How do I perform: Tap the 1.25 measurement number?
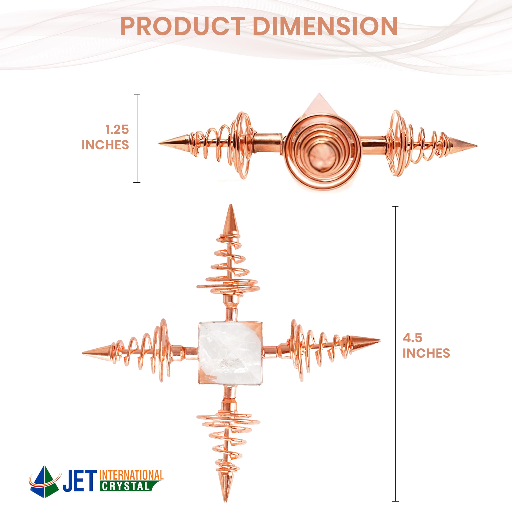pos(117,130)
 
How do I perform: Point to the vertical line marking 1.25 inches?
pos(137,138)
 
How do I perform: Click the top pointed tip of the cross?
pos(231,205)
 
